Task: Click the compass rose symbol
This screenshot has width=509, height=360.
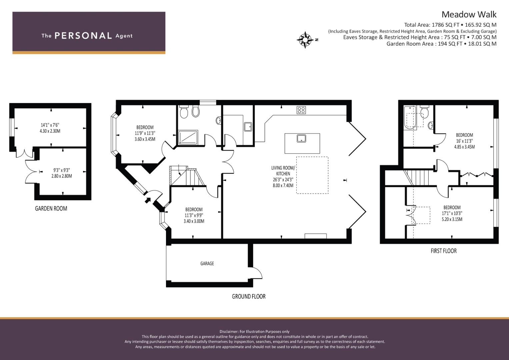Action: tap(305, 40)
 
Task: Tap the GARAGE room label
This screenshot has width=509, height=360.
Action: tap(207, 263)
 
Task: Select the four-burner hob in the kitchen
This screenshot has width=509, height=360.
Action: tap(301, 110)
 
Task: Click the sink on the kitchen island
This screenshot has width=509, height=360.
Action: tap(301, 138)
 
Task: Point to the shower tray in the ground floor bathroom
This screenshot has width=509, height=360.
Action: tap(188, 137)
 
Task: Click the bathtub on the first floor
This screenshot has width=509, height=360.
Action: tap(410, 118)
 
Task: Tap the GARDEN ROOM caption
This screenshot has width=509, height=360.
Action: tap(51, 208)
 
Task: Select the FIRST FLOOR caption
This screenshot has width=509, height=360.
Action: tap(444, 251)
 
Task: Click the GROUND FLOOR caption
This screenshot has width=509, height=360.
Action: tap(249, 296)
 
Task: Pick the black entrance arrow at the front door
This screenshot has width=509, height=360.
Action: tap(148, 200)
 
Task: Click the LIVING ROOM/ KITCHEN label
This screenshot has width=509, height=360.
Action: tap(283, 171)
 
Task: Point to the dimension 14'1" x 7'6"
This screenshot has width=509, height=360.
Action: tap(50, 125)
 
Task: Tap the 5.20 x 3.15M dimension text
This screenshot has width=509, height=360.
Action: tap(452, 219)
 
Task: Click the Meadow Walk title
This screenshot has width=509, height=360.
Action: tap(469, 15)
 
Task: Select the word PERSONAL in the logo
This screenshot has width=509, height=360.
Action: tap(83, 36)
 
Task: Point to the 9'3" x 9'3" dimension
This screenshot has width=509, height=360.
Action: tap(62, 170)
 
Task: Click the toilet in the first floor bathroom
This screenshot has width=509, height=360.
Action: tap(424, 111)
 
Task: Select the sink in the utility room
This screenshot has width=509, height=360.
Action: tap(248, 127)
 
